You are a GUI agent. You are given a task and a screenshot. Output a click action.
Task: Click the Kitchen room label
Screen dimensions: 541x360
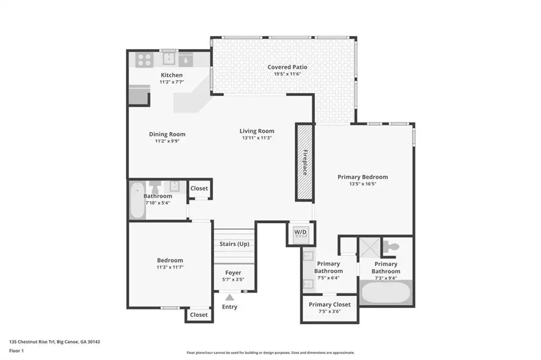click(172, 75)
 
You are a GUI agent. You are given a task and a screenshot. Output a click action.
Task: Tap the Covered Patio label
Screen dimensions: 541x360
click(287, 67)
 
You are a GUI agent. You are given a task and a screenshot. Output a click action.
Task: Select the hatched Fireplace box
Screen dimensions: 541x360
click(304, 162)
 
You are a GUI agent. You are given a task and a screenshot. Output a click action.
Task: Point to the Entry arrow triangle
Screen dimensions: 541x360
click(229, 297)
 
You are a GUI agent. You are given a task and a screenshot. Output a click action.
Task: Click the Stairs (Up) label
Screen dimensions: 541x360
click(234, 244)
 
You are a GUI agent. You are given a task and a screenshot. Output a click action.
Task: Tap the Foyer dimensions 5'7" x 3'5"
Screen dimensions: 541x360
click(233, 280)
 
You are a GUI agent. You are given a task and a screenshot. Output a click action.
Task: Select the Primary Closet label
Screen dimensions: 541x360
click(330, 305)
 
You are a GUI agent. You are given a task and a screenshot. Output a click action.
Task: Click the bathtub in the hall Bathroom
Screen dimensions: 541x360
click(137, 201)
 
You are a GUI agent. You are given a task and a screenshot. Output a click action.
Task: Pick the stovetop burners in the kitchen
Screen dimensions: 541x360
click(145, 60)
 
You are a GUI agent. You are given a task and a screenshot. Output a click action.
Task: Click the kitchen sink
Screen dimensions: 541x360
click(169, 59)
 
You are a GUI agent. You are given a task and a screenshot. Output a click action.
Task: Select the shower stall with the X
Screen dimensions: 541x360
click(370, 247)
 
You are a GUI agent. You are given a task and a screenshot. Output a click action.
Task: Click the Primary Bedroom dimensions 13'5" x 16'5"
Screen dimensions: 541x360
click(362, 184)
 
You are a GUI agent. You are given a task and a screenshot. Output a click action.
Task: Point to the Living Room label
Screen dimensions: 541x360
click(257, 131)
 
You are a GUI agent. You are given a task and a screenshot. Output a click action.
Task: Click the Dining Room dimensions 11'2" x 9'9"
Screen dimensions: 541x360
click(167, 141)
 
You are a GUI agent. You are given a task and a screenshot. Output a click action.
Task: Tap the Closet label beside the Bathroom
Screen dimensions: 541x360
click(199, 188)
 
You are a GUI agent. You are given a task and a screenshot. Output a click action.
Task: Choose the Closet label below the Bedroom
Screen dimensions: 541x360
click(199, 315)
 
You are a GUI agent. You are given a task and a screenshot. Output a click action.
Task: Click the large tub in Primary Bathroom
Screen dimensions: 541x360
click(386, 292)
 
